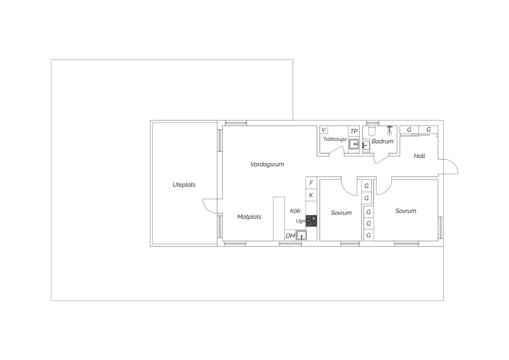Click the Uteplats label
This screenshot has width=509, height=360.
point(184,185)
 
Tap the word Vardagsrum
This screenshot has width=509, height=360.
point(267,164)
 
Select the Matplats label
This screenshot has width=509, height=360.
point(249,217)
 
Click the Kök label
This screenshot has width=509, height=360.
point(295,211)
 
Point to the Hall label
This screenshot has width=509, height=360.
point(419,156)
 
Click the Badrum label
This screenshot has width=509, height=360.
point(382,142)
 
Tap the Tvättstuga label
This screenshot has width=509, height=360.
point(335,139)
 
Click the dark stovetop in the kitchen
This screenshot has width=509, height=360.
point(311,221)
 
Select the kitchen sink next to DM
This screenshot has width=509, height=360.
point(301,235)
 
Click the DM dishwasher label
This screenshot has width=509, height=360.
point(290,236)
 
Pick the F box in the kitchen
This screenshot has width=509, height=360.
point(311,183)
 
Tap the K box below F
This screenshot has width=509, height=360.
point(311,195)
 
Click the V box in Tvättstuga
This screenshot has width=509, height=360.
point(324,130)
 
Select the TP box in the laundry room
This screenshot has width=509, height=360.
point(354,131)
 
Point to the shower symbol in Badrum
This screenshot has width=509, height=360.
point(390,130)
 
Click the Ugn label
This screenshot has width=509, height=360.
point(300,221)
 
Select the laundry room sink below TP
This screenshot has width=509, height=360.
point(354,144)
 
